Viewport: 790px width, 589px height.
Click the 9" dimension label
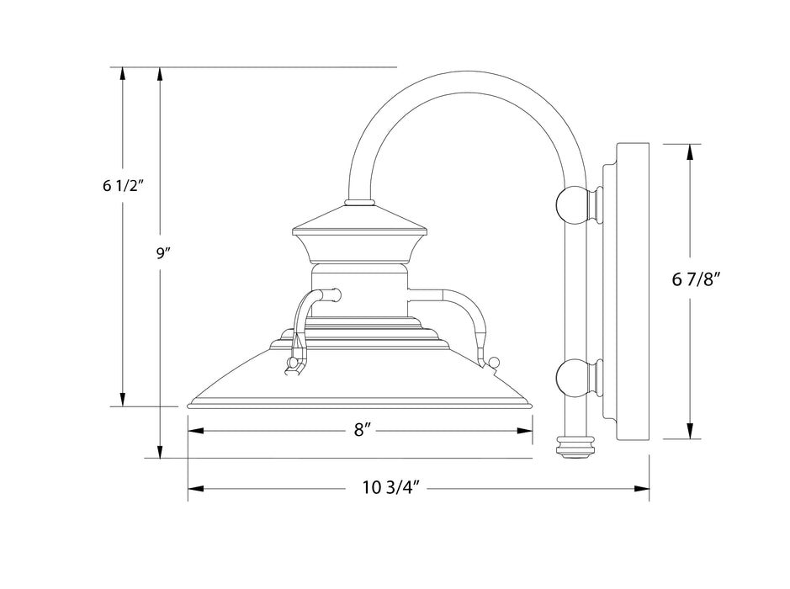point(163,254)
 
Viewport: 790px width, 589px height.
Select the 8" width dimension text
point(363,430)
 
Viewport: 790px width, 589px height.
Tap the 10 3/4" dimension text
point(391,487)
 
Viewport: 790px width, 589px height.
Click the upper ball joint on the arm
point(573,204)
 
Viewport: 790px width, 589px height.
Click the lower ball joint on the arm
point(573,378)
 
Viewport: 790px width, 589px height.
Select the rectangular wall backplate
point(634,291)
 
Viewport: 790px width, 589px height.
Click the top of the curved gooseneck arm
point(466,80)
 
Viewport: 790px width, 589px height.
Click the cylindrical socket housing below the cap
point(359,291)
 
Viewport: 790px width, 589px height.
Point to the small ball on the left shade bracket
point(293,363)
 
